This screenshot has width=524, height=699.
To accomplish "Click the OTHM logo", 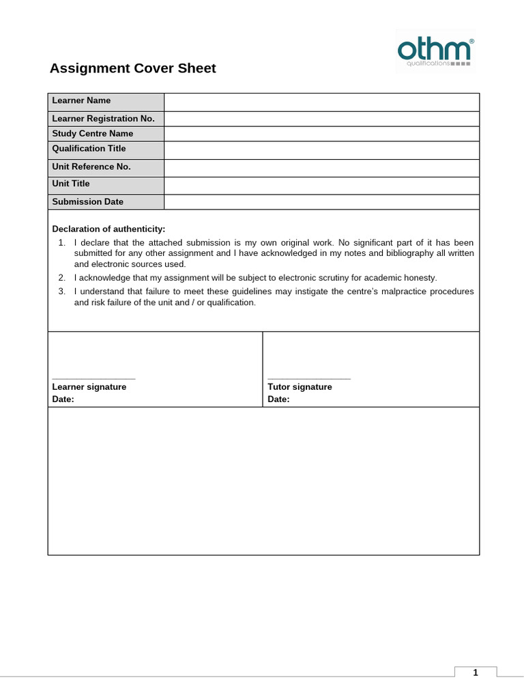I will tap(435, 51).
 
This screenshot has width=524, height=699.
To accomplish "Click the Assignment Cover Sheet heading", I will tap(133, 68).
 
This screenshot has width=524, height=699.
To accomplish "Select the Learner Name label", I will tap(81, 101).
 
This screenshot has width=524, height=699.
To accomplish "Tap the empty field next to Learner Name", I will tap(321, 102).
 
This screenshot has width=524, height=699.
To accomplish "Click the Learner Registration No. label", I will tap(104, 119).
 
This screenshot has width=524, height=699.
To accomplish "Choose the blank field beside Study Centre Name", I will tap(321, 134).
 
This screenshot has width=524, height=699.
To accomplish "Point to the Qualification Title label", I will tap(89, 149).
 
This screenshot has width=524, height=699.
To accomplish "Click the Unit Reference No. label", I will tap(91, 167).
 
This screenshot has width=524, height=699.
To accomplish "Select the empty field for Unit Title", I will tap(321, 185).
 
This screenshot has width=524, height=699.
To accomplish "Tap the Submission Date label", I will tap(88, 202).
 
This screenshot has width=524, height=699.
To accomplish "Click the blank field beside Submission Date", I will tap(321, 202).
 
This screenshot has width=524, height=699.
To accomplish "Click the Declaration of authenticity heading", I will tap(108, 229).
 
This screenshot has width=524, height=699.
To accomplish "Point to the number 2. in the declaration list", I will tap(61, 278).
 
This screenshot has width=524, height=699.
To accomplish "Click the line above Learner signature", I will tap(93, 378).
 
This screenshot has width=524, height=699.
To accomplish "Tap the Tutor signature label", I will tap(300, 387).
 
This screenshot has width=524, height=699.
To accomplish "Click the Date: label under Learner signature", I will tap(63, 399).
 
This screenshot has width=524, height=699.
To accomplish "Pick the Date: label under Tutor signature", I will tap(278, 399).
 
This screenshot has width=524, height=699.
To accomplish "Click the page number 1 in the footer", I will tap(476, 673).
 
